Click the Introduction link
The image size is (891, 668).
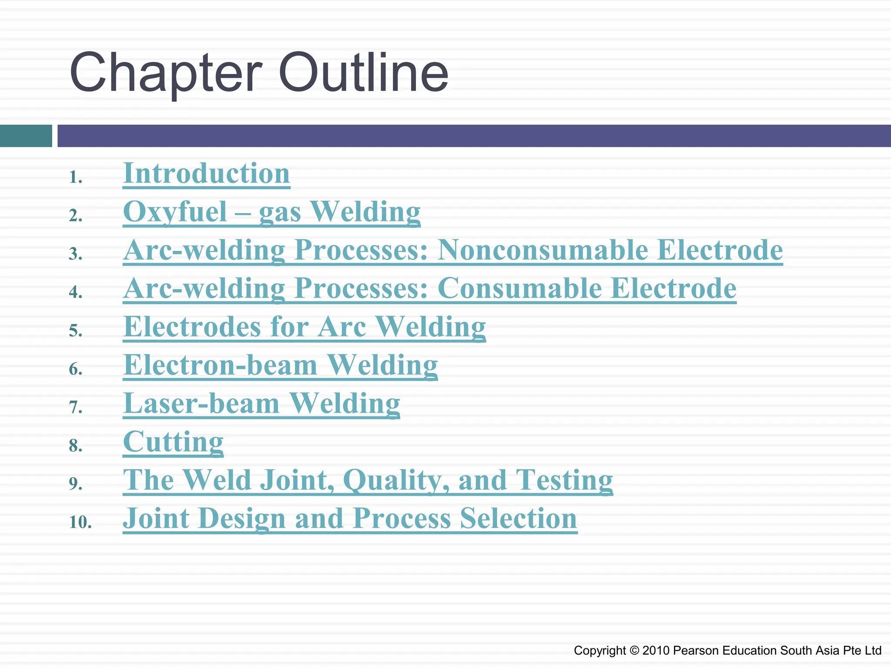pos(206,174)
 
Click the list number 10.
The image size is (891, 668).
pos(80,522)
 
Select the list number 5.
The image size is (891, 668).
pos(75,331)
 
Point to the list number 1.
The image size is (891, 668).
pos(75,177)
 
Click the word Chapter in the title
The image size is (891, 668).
pos(166,73)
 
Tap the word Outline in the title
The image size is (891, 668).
pos(363,73)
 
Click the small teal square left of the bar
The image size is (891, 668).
pos(26,136)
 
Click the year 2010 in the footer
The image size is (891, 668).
pos(656,651)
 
